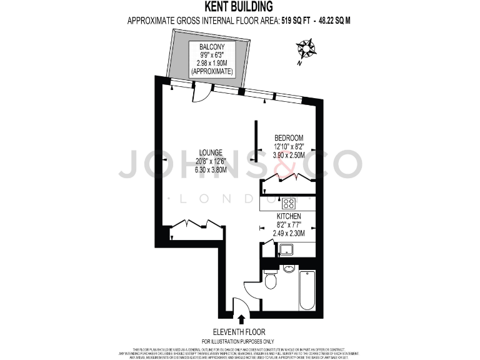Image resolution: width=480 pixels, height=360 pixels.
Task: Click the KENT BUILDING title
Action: [239, 7]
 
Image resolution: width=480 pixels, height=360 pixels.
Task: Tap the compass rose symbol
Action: [306, 49]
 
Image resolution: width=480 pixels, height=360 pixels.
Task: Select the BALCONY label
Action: [212, 47]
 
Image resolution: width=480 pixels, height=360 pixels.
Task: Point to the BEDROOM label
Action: [289, 137]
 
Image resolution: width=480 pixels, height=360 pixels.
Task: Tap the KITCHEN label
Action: [289, 216]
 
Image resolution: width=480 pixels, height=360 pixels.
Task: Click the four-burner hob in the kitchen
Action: [288, 203]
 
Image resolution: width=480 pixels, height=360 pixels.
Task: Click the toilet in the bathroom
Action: [271, 281]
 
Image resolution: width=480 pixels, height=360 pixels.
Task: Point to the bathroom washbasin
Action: [288, 269]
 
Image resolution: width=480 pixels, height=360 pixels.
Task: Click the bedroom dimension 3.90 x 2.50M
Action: [289, 155]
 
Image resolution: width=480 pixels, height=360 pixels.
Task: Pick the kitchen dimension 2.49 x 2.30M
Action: [289, 233]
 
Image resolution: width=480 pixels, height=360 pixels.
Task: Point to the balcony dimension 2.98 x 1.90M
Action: [212, 63]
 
